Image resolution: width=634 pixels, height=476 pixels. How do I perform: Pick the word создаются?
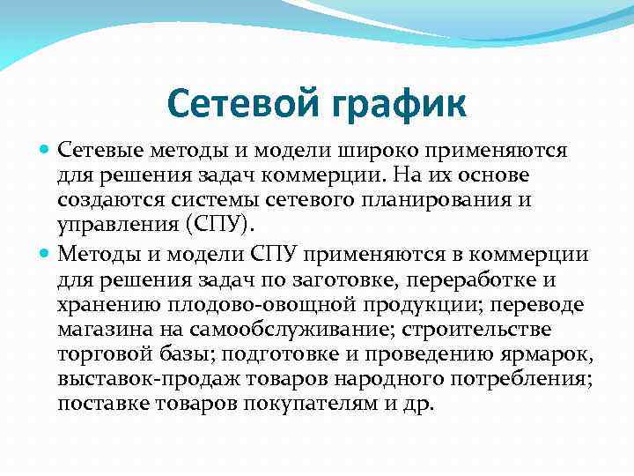[x=101, y=198]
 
